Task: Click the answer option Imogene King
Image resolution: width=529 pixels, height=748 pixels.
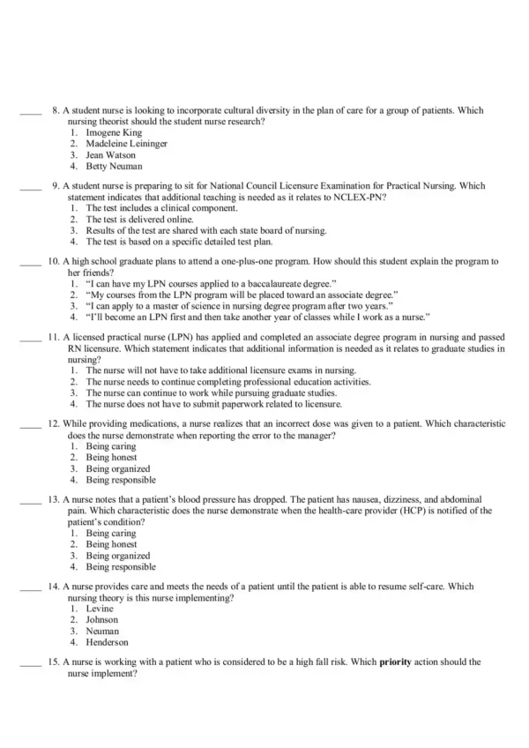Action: pyautogui.click(x=114, y=131)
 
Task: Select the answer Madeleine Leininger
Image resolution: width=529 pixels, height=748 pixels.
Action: pyautogui.click(x=126, y=143)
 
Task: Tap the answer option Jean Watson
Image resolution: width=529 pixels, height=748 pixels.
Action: pyautogui.click(x=110, y=154)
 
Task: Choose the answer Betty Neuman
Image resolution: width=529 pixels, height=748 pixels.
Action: pyautogui.click(x=114, y=166)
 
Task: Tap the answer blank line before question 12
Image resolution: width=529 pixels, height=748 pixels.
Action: pyautogui.click(x=30, y=425)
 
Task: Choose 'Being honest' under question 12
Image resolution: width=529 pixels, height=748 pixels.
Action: pyautogui.click(x=111, y=458)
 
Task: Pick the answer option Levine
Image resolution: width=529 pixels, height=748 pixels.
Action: pyautogui.click(x=100, y=610)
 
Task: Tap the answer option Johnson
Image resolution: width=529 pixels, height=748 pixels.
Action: pyautogui.click(x=102, y=620)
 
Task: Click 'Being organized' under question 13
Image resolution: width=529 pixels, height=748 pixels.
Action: pyautogui.click(x=118, y=556)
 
